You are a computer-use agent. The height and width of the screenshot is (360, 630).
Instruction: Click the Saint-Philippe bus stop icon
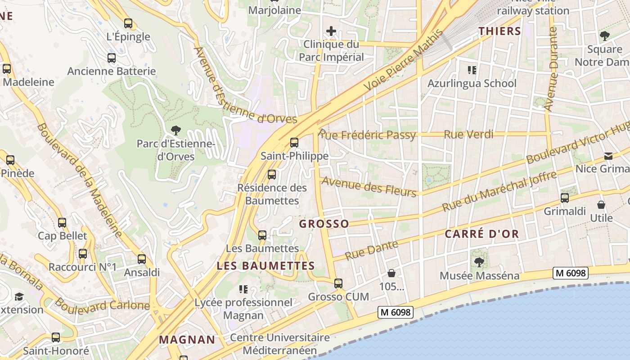point(294,143)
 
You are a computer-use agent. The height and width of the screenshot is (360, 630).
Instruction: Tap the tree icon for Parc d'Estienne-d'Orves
point(176,130)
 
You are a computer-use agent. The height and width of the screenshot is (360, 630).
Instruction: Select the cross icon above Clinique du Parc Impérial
point(331,31)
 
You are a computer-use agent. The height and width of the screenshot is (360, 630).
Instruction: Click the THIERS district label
point(499,31)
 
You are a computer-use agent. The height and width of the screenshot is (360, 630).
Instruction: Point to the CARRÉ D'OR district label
point(482,234)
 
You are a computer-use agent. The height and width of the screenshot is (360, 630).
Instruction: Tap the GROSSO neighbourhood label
point(324,224)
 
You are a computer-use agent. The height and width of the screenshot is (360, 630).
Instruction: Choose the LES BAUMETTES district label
point(265,265)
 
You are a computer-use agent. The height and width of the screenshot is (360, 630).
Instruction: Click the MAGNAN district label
point(187,339)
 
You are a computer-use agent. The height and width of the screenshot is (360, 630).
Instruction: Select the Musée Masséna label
point(479,276)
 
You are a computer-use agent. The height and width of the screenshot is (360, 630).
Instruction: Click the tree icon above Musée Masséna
point(479,262)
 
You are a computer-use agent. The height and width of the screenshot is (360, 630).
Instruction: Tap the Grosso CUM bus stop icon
point(338,283)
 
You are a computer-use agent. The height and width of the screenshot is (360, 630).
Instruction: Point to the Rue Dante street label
point(372,250)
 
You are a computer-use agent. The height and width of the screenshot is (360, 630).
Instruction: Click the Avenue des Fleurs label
point(369,187)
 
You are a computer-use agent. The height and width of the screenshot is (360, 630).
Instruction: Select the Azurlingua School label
point(472,83)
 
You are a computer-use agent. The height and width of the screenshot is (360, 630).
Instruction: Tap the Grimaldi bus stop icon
point(565,198)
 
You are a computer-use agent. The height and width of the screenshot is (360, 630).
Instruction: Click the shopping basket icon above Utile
point(601,205)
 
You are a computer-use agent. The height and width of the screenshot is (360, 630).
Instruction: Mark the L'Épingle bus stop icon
point(128,23)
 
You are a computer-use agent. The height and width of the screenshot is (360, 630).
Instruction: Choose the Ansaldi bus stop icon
point(142,259)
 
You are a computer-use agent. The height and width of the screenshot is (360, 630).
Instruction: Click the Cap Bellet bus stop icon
point(62,223)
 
